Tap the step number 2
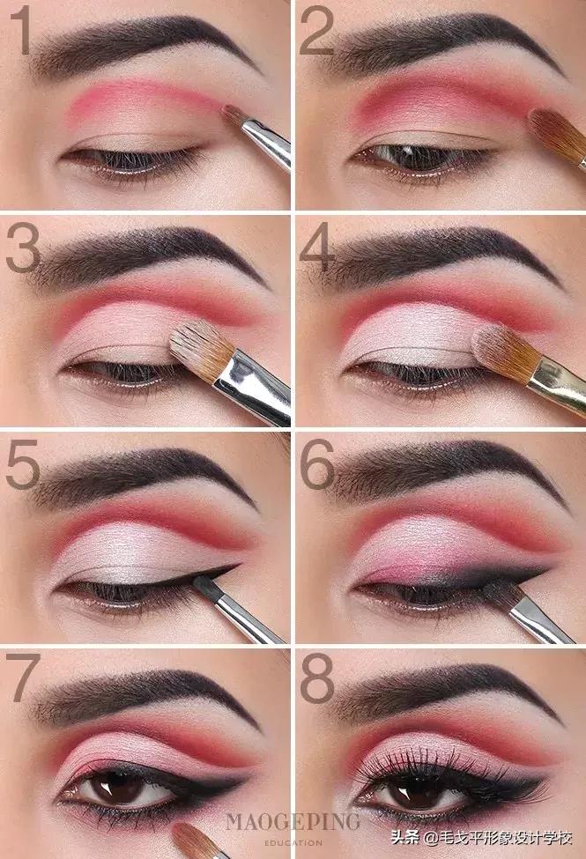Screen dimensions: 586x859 317,30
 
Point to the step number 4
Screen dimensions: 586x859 317,247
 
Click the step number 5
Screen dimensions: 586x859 23,463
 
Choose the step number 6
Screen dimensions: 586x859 317,463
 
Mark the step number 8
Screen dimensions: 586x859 317,678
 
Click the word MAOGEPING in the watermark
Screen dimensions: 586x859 293,822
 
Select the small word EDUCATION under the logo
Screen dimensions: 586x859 293,842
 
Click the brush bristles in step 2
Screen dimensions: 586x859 555,135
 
